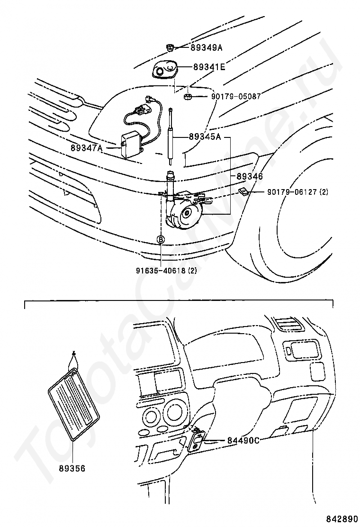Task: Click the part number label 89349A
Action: click(207, 47)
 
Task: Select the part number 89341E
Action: click(208, 68)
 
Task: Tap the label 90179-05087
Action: click(236, 97)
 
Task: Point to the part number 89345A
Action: click(205, 137)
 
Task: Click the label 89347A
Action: click(87, 148)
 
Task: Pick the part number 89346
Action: click(250, 176)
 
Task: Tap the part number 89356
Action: click(72, 468)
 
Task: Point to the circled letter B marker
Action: click(161, 240)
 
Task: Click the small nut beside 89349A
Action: click(171, 47)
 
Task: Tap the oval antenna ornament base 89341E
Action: click(164, 71)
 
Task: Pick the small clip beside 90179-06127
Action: click(243, 191)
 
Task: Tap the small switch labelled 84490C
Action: click(197, 440)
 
